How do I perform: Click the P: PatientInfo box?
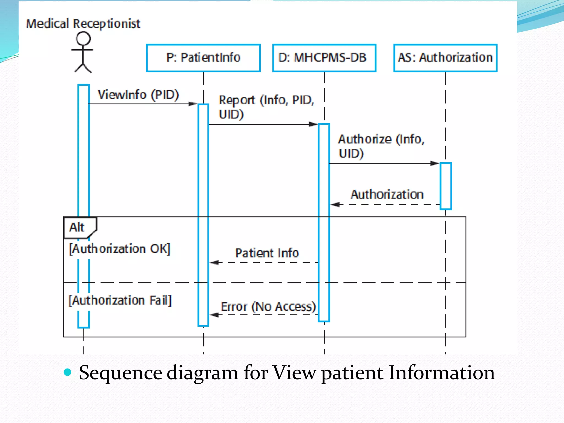203,58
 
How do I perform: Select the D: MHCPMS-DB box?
324,58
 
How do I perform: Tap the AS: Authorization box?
445,58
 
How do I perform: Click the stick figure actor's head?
83,38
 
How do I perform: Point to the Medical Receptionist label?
83,23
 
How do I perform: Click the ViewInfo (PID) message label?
139,95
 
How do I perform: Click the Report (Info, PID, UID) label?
266,107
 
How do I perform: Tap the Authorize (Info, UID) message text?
381,146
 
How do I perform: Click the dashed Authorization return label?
387,194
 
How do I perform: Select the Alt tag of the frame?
77,227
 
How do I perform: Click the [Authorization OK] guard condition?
120,249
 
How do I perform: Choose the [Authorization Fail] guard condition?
120,300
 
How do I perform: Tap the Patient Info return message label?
267,253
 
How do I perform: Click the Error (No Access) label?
268,307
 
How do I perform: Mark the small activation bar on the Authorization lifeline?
446,186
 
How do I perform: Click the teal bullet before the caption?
67,372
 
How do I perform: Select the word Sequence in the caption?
121,373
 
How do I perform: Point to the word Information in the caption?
441,373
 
